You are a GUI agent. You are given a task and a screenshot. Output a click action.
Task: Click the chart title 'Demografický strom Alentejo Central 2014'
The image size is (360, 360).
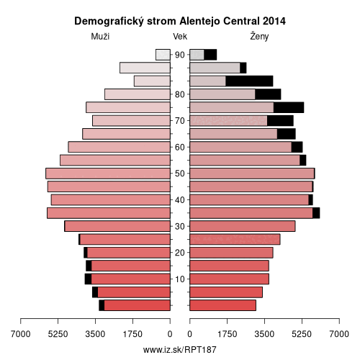click(180, 21)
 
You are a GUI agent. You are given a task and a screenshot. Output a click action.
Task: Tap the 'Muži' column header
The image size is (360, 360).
click(100, 37)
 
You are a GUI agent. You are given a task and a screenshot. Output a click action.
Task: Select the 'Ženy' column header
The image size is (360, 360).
click(259, 36)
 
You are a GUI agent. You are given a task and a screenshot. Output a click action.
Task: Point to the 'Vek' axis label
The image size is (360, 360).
click(180, 37)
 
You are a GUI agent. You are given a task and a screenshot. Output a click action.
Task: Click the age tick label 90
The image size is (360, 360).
click(180, 55)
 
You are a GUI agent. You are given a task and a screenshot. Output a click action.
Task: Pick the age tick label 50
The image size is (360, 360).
click(180, 174)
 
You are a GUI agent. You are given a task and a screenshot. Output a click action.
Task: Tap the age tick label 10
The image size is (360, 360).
click(180, 279)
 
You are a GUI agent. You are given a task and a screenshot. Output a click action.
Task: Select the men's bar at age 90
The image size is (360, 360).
click(163, 55)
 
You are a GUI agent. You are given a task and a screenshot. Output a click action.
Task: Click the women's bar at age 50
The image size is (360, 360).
click(252, 174)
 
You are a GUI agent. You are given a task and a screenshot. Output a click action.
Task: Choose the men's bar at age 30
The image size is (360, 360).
click(117, 226)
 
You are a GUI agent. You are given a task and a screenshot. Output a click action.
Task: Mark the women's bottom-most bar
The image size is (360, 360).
click(223, 305)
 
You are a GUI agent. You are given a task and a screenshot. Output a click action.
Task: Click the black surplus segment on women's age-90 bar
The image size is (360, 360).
click(210, 55)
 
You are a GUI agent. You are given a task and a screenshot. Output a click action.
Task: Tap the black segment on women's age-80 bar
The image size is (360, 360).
click(268, 94)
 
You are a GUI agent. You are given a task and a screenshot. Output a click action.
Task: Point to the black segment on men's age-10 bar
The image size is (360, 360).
click(88, 279)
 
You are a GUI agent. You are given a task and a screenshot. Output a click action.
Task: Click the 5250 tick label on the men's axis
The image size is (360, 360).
click(58, 334)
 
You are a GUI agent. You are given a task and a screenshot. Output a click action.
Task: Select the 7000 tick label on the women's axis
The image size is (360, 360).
click(339, 334)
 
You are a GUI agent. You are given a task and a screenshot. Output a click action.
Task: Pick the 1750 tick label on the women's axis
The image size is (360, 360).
click(227, 334)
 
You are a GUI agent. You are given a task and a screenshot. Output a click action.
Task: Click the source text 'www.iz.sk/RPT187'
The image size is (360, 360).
click(180, 350)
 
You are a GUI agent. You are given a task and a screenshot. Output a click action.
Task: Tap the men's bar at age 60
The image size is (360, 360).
click(120, 147)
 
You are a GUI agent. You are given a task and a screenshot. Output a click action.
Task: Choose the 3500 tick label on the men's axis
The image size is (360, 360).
click(95, 334)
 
